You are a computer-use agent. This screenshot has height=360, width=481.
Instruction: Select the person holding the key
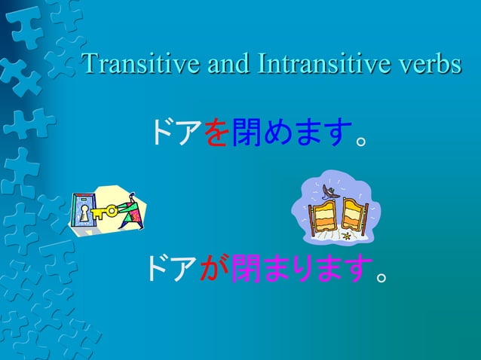pos(130,209)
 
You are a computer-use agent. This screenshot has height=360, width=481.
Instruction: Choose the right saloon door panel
pos(353,215)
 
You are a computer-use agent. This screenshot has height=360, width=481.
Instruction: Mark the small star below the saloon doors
pos(346,236)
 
